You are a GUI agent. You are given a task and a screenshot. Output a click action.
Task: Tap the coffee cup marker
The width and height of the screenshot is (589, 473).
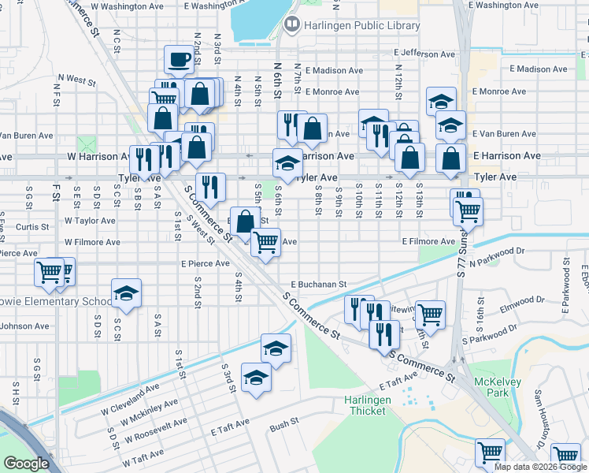tap(179, 59)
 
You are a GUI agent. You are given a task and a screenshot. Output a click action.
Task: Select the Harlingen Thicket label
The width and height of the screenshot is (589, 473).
tap(368, 405)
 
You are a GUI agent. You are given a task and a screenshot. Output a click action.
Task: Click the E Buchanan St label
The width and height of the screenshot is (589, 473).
tap(319, 284)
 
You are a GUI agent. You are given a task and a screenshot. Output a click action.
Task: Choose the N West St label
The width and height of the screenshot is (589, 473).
tap(76, 80)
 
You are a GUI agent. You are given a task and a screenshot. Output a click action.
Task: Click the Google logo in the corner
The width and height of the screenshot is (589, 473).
tap(26, 464)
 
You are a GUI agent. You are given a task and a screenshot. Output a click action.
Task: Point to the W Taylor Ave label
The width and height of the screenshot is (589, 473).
tap(90, 222)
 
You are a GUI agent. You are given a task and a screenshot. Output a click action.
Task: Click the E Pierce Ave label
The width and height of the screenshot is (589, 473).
tap(205, 263)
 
